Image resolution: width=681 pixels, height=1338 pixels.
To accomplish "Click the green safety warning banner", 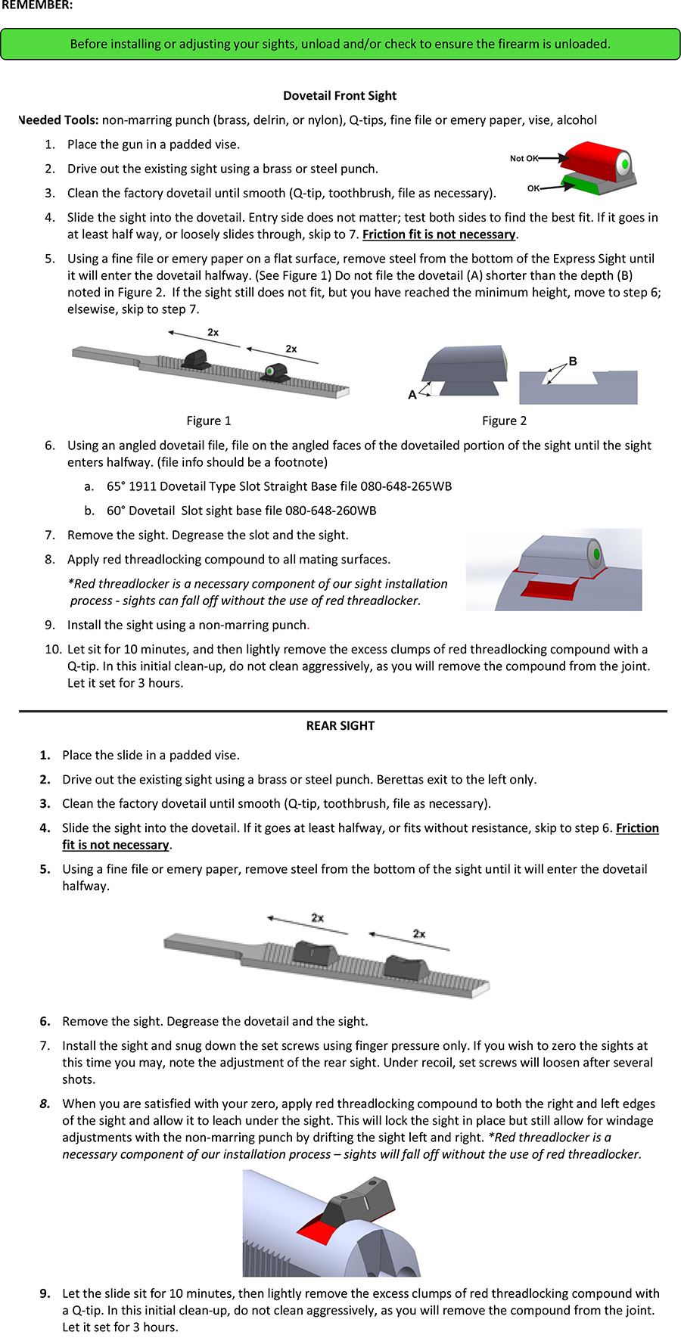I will pos(340,44).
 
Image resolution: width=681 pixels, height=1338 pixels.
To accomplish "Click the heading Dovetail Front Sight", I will pos(340,95).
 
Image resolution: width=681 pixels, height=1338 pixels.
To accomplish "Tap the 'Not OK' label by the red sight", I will pos(524,158).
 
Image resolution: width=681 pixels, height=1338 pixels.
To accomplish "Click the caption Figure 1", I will pos(209,421).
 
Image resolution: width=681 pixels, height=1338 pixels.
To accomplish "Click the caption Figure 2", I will pos(504,421).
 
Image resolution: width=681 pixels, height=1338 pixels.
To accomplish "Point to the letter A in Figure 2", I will pos(412,394).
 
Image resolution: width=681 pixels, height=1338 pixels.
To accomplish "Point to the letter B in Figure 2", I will pos(573,362).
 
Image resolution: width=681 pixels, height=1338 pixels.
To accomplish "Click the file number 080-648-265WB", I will pos(406,486).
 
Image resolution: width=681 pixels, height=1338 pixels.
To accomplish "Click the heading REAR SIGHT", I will pos(340,725).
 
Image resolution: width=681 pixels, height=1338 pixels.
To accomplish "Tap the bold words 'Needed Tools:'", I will pos(58,120).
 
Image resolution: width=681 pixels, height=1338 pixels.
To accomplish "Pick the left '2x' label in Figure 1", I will pos(213,332).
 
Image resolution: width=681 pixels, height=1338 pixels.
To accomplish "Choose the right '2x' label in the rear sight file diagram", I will pos(419,933).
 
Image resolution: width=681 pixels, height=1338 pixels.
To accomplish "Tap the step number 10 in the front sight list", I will pos(53,649).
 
